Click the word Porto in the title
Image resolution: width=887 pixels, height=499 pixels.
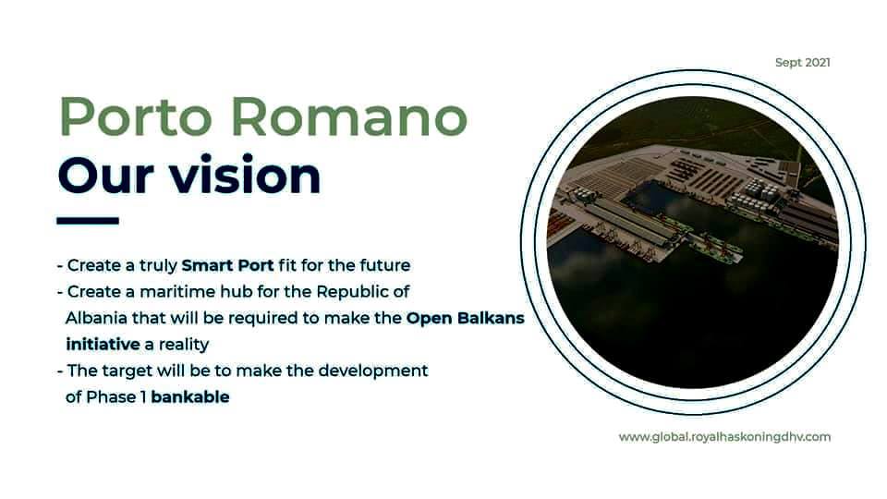[136, 117]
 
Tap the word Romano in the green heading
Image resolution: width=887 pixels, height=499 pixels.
[349, 117]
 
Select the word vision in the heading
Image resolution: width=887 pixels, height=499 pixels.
[246, 175]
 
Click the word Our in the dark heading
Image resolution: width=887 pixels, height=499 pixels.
[105, 176]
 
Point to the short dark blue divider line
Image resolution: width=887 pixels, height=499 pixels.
[88, 221]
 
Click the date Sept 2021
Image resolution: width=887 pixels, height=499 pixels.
[803, 63]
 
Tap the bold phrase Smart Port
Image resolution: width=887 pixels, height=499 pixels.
[227, 265]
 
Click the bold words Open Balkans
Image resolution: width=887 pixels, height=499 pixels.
[465, 318]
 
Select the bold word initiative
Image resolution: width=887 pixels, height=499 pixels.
[103, 344]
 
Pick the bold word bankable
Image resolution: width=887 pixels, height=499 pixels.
[190, 397]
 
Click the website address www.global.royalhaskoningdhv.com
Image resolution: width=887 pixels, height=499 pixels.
[724, 437]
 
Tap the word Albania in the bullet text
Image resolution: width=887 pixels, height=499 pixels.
[96, 318]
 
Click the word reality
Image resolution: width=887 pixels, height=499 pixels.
[184, 345]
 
